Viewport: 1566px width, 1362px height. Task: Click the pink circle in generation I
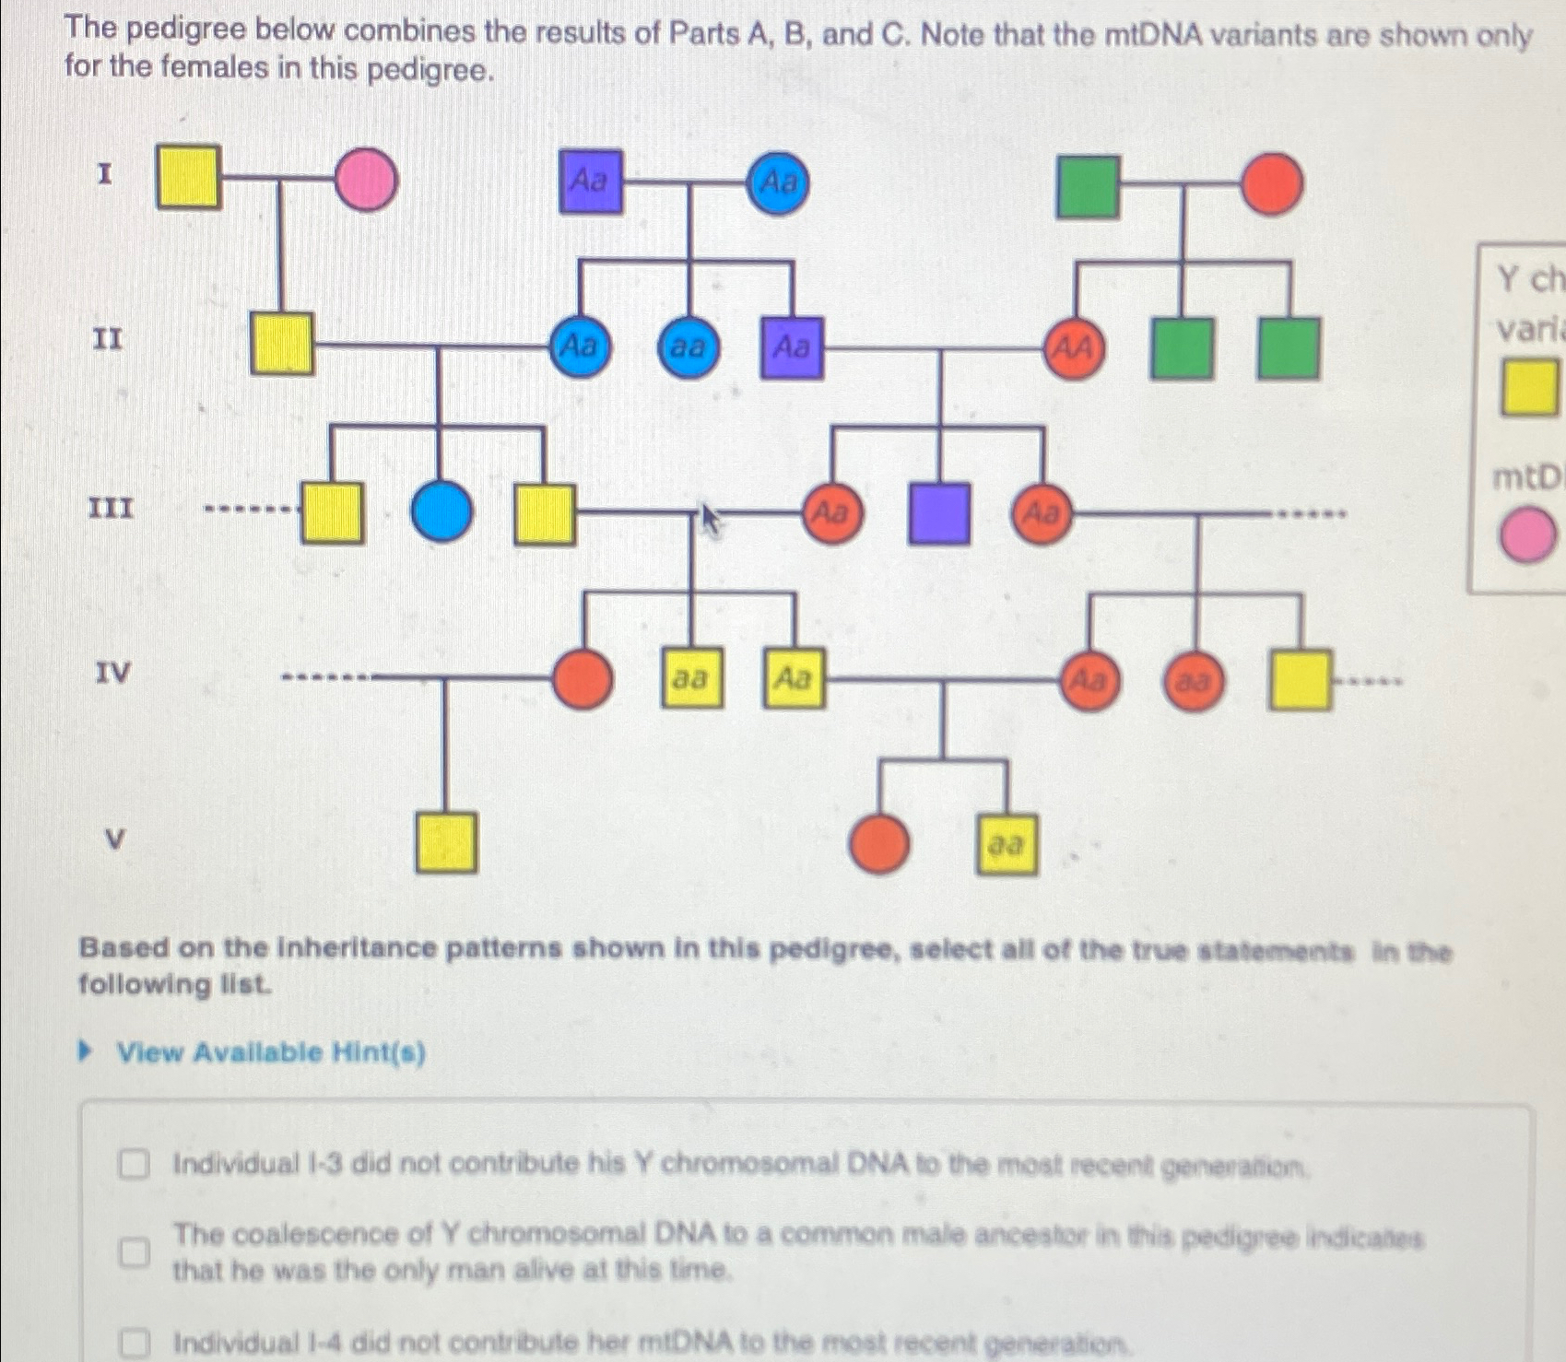pos(366,181)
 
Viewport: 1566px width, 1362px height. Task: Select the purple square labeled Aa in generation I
pos(590,182)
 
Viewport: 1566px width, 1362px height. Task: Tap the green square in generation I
pos(1088,186)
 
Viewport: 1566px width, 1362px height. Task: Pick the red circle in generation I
pos(1272,184)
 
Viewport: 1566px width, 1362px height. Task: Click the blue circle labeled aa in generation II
pos(688,348)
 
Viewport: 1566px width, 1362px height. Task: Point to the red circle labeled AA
pos(1074,349)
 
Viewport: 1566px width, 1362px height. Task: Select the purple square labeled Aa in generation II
pos(792,348)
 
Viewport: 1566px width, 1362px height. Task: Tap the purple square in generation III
pos(938,513)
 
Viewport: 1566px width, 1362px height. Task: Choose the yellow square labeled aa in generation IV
pos(691,679)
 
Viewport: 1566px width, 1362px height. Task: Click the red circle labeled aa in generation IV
pos(1194,682)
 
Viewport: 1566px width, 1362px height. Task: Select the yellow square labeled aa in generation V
pos(1006,844)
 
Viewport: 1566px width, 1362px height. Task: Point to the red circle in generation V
pos(879,843)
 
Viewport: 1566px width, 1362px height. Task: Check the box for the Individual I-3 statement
pos(134,1166)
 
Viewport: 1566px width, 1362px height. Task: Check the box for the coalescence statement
pos(134,1251)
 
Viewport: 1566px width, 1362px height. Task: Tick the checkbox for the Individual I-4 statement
pos(134,1343)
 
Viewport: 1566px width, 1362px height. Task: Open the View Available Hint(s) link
pos(270,1052)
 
